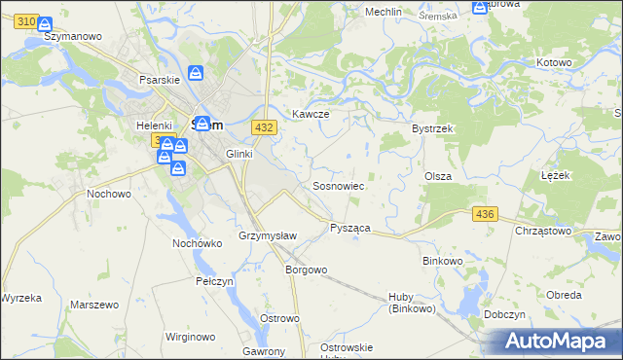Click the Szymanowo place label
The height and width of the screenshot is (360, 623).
[x=75, y=36]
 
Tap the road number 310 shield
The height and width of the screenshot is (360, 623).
[x=27, y=20]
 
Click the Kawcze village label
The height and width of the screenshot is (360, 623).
[x=311, y=114]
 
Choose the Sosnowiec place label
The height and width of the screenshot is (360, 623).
[x=338, y=185]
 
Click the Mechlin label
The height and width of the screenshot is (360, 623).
[x=384, y=12]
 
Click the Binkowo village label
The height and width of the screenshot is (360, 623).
[x=446, y=261]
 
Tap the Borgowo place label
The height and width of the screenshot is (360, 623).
[x=306, y=269]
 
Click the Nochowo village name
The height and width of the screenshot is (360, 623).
[x=109, y=194]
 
